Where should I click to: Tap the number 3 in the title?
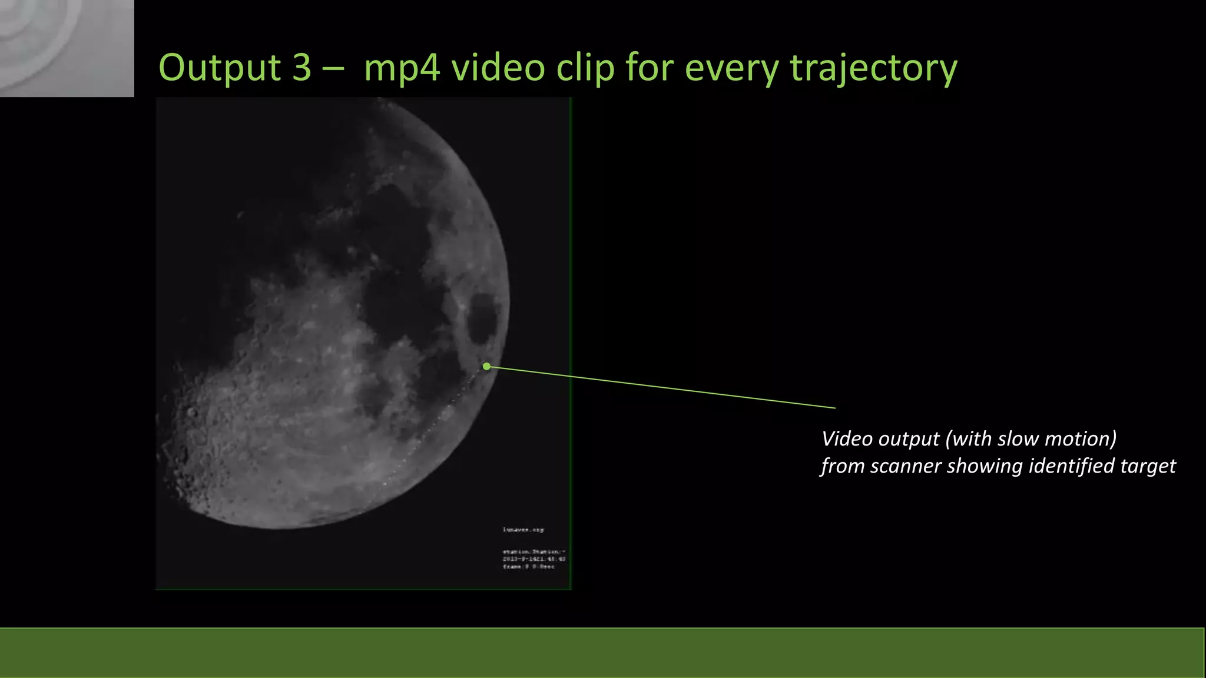(x=301, y=68)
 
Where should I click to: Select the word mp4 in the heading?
(x=402, y=68)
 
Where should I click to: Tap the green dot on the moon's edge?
(x=486, y=367)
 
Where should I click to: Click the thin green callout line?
(x=660, y=387)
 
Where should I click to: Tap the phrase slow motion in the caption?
(x=1057, y=439)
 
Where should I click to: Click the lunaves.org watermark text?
(x=523, y=530)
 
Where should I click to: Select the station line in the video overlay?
(x=534, y=551)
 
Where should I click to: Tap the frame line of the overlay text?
(x=528, y=567)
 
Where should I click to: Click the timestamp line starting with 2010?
(x=534, y=559)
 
